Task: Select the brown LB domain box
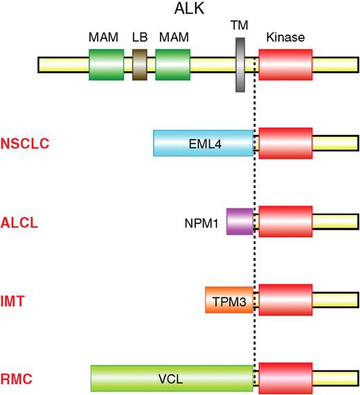(x=140, y=65)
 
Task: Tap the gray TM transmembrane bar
(x=242, y=64)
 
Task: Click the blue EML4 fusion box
(x=203, y=143)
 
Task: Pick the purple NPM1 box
(x=240, y=221)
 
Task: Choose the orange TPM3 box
(x=229, y=300)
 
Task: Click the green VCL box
(x=172, y=379)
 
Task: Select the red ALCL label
(x=20, y=223)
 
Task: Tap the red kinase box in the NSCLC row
(x=285, y=143)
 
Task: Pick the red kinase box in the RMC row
(x=285, y=379)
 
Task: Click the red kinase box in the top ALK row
(x=285, y=65)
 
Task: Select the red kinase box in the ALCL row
(x=285, y=221)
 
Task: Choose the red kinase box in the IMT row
(x=285, y=300)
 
